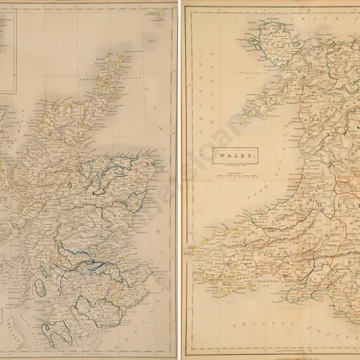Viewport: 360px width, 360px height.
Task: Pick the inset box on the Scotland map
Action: click(x=8, y=46)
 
